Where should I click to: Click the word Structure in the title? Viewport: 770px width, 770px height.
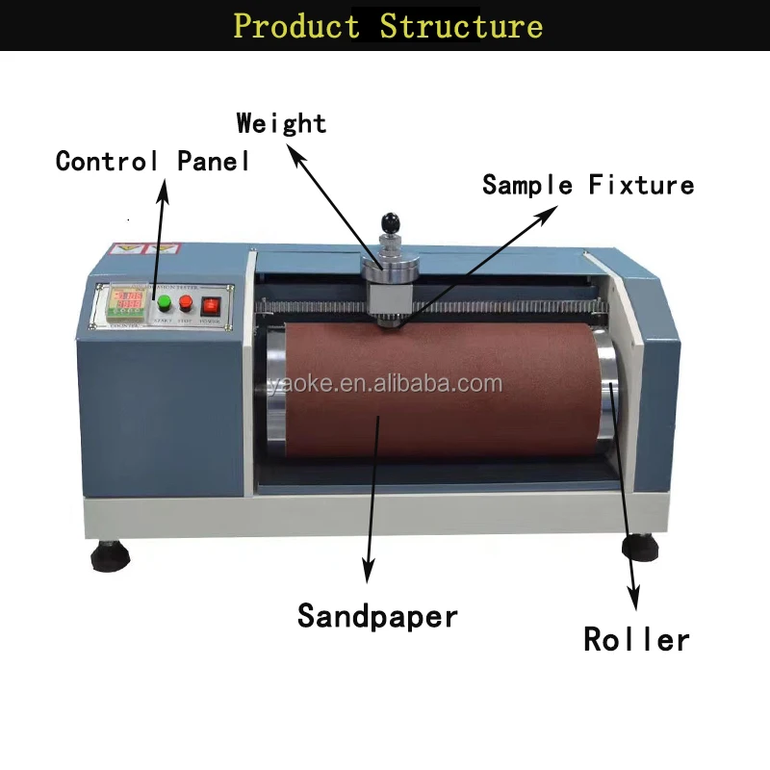click(x=461, y=25)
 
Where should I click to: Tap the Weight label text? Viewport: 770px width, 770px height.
click(x=281, y=123)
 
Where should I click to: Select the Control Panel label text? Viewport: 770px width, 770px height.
click(x=153, y=161)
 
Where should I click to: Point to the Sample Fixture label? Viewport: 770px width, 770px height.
click(x=588, y=184)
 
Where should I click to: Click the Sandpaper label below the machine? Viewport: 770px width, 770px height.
click(x=377, y=615)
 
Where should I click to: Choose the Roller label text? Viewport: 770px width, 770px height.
click(x=636, y=639)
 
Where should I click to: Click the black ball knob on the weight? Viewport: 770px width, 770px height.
click(x=391, y=223)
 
